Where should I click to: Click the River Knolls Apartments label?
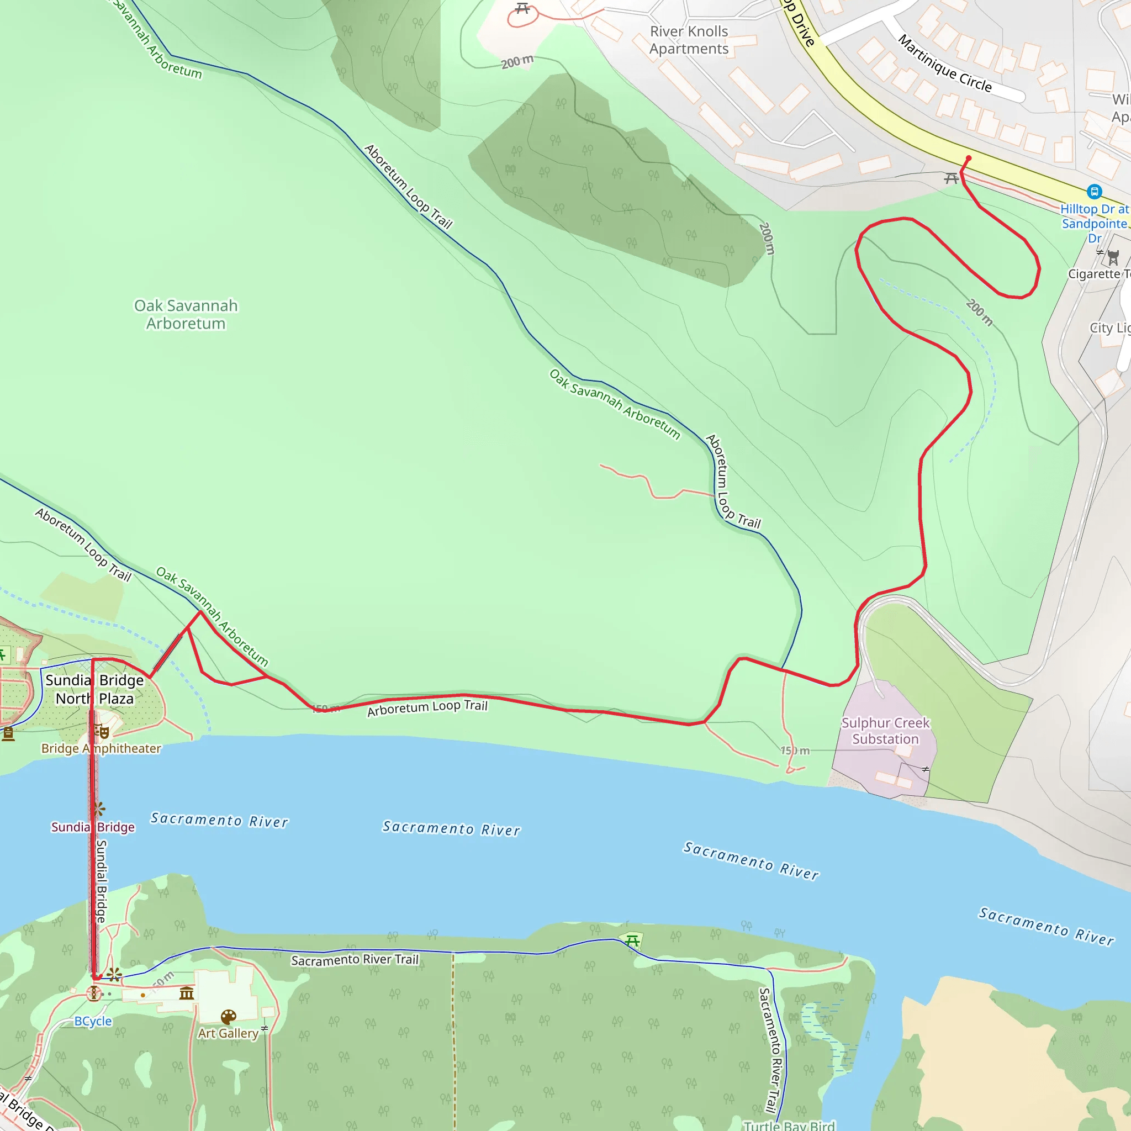tap(689, 40)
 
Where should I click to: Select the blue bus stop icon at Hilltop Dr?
tap(1093, 192)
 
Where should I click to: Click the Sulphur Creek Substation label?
tap(885, 731)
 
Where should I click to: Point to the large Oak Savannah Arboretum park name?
tap(186, 314)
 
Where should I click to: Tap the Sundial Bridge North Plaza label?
tap(94, 689)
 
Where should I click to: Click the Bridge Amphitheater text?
tap(101, 748)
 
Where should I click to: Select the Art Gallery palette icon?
tap(228, 1017)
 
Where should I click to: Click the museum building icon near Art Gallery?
tap(187, 993)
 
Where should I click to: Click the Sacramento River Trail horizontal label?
tap(355, 960)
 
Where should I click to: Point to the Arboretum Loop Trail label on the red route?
tap(427, 707)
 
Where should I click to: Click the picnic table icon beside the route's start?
tap(952, 178)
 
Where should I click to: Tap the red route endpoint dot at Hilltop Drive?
tap(968, 158)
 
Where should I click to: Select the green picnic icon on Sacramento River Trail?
tap(632, 940)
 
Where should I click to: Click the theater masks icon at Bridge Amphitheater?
tap(103, 731)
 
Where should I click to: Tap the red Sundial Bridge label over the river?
tap(92, 827)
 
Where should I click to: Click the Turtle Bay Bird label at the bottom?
tap(789, 1125)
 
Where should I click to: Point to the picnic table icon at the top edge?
tap(522, 8)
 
